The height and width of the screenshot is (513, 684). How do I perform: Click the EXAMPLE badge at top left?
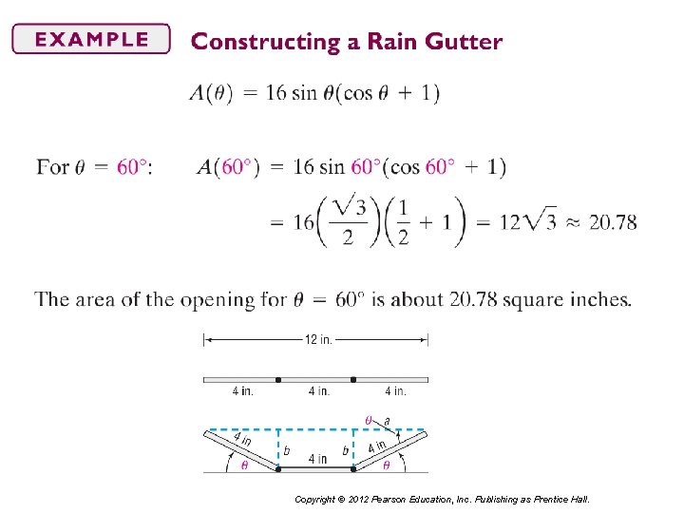[x=91, y=40]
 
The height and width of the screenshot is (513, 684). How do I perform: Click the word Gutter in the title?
[x=463, y=42]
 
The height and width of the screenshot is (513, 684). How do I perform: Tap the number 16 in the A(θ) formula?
[x=276, y=93]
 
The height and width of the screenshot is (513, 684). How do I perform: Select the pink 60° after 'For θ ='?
[x=132, y=167]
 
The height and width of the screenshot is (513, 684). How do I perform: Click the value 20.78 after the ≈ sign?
[x=613, y=222]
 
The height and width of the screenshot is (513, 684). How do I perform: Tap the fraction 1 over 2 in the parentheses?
[x=402, y=222]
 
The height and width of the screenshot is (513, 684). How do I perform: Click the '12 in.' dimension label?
[x=317, y=340]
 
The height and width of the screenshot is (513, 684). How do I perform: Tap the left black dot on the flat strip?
[x=278, y=380]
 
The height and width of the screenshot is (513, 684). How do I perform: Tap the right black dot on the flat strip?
[x=353, y=380]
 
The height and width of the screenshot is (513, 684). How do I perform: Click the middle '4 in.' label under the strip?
[x=318, y=390]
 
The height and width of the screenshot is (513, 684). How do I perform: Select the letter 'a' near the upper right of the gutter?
[x=387, y=421]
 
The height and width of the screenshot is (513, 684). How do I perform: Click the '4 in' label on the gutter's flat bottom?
[x=317, y=460]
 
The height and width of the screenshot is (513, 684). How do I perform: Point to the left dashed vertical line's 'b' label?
[x=287, y=450]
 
